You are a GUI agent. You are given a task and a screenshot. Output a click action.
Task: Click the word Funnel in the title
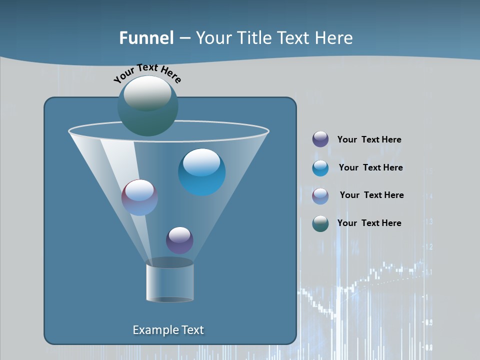[x=146, y=38]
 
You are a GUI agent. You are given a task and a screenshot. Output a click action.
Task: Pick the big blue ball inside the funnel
[x=202, y=172]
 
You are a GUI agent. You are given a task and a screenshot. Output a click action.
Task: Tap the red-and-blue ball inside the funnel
[x=139, y=197]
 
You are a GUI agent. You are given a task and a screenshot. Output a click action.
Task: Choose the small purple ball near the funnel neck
[x=179, y=240]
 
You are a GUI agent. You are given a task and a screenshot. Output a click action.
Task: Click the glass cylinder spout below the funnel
[x=170, y=280]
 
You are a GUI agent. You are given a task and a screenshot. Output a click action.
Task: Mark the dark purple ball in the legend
[x=320, y=139]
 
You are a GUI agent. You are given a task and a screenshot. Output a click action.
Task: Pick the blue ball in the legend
[x=320, y=168]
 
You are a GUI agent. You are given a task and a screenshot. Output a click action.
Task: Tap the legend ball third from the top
[x=320, y=196]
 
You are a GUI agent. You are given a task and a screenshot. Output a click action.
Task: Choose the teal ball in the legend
[x=320, y=223]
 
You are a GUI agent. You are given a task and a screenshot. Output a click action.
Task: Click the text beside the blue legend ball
[x=370, y=168]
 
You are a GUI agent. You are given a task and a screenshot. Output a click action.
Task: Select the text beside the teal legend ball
[x=369, y=223]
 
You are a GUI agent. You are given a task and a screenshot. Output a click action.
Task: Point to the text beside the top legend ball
[x=369, y=140]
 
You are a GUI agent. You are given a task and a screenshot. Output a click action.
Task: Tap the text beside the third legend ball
[x=371, y=195]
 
